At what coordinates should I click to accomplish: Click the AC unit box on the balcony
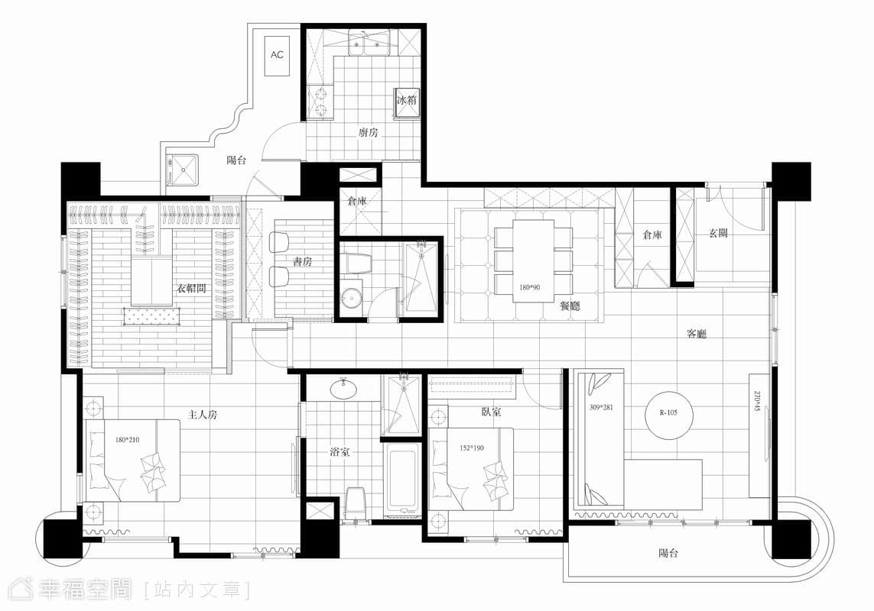click(x=277, y=57)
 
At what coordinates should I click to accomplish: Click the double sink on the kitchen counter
click(x=372, y=44)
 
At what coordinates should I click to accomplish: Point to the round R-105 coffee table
click(x=668, y=413)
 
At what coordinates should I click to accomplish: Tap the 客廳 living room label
click(x=697, y=334)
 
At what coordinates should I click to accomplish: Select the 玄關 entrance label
click(x=718, y=233)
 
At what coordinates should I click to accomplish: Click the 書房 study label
click(x=302, y=261)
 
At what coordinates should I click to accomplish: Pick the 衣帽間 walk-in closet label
click(x=191, y=289)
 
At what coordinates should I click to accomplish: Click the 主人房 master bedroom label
click(x=202, y=415)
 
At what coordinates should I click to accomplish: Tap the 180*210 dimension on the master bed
click(x=127, y=440)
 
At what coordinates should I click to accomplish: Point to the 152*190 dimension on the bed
click(x=472, y=448)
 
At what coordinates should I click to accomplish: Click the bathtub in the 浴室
click(x=402, y=478)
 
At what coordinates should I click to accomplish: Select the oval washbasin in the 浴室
click(x=343, y=388)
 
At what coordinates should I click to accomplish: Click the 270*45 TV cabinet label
click(x=756, y=402)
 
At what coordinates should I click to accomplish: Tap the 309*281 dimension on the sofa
click(x=601, y=407)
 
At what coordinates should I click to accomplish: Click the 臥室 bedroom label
click(x=490, y=412)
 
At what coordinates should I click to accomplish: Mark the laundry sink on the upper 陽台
click(x=182, y=170)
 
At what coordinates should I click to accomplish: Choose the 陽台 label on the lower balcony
click(x=668, y=553)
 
